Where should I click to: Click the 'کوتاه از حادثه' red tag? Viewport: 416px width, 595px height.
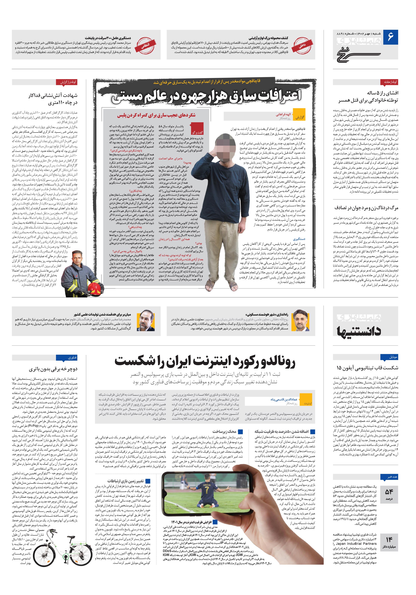click(x=389, y=82)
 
